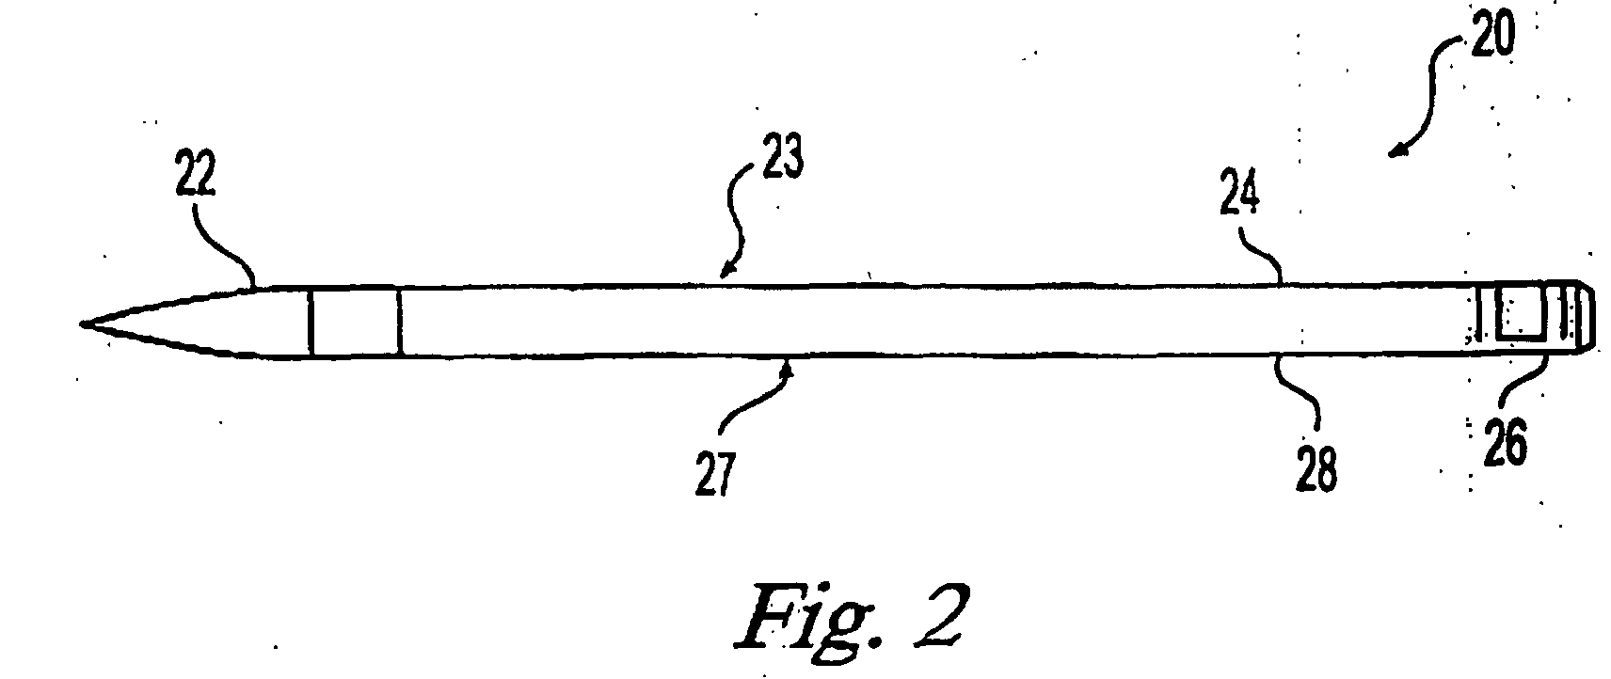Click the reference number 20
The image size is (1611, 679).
pos(1492,34)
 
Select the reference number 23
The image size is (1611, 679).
pos(783,155)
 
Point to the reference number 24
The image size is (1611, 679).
pos(1239,194)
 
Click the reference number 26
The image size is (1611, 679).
pos(1505,443)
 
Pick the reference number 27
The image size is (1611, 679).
pos(715,473)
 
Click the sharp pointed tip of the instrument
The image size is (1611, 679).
pos(81,324)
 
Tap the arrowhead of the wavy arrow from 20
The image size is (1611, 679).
pos(1396,150)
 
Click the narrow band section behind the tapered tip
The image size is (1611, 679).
pos(356,322)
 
